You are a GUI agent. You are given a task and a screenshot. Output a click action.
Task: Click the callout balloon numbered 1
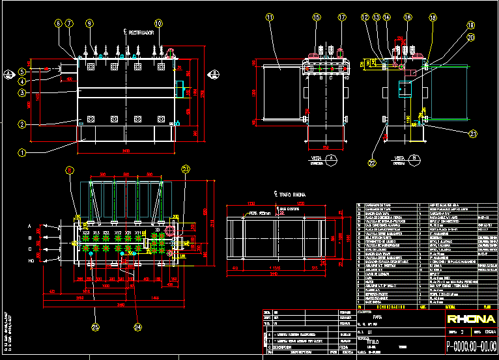click(21, 154)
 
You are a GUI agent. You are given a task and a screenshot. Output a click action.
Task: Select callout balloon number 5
click(21, 71)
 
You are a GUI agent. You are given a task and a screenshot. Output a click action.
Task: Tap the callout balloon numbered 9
click(89, 23)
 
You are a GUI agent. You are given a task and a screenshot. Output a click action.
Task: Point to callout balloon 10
click(158, 23)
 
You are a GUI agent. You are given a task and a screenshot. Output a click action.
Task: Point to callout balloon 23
click(186, 169)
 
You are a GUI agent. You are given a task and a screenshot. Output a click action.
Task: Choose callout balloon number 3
click(21, 93)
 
